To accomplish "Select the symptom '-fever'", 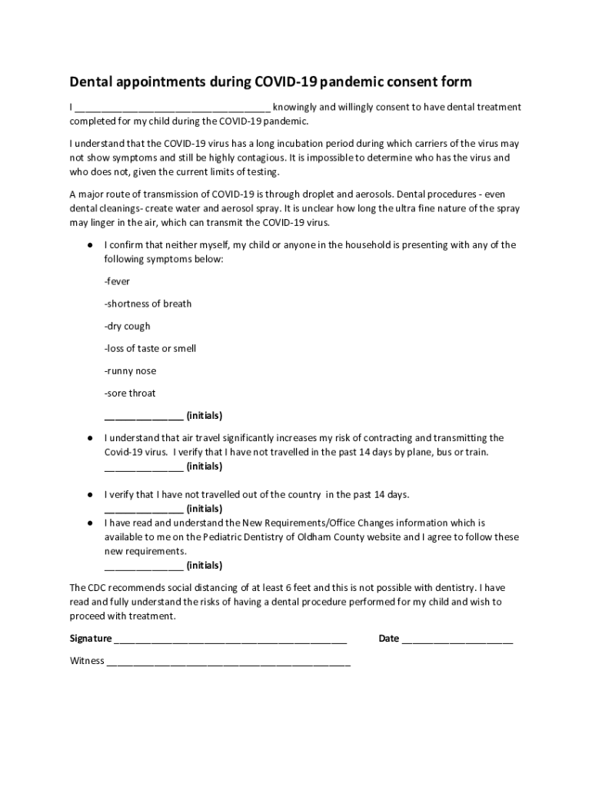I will (x=118, y=281).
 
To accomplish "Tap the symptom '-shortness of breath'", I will (x=148, y=304).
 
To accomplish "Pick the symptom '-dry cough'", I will (x=128, y=326).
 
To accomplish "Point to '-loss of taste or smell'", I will (x=151, y=348).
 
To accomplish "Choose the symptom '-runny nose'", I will (x=130, y=370).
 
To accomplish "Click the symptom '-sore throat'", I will (x=130, y=393).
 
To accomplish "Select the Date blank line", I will (x=457, y=639).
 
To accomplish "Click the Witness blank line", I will (x=229, y=662).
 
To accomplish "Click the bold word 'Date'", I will (x=389, y=638).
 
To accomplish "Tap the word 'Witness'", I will (x=87, y=660).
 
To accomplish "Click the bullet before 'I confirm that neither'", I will (x=90, y=245).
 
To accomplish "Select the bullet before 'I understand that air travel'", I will (x=90, y=437).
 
